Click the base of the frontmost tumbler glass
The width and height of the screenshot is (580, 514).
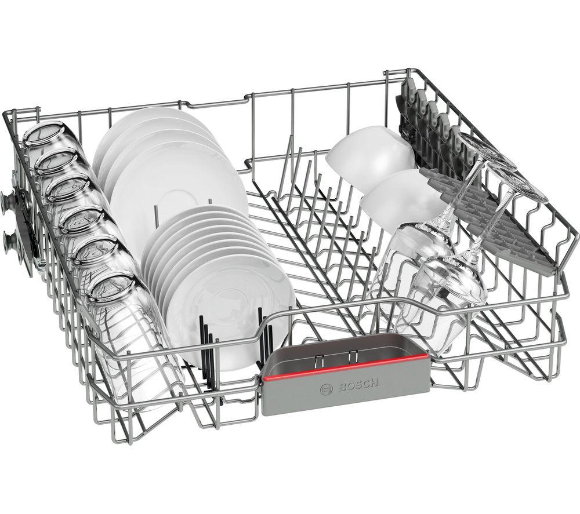(x=113, y=288)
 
